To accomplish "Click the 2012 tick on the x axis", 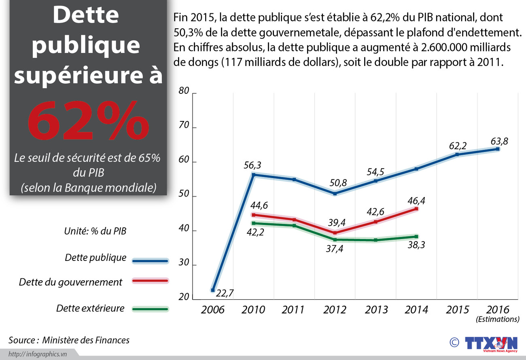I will pyautogui.click(x=335, y=310).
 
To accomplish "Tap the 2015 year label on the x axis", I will pyautogui.click(x=458, y=310).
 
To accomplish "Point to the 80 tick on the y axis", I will pyautogui.click(x=184, y=91).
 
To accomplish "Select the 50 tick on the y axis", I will pyautogui.click(x=184, y=194).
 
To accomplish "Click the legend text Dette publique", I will pyautogui.click(x=95, y=258).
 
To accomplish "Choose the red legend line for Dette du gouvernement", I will pyautogui.click(x=150, y=281).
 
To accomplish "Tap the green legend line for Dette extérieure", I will pyautogui.click(x=150, y=309).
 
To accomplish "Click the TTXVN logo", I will pyautogui.click(x=491, y=343).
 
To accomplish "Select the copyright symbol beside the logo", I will pyautogui.click(x=454, y=342).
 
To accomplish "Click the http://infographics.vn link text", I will pyautogui.click(x=38, y=354).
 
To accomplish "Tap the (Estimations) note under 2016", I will pyautogui.click(x=497, y=319).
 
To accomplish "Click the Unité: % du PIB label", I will pyautogui.click(x=95, y=231).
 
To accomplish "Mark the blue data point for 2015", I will pyautogui.click(x=457, y=155).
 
